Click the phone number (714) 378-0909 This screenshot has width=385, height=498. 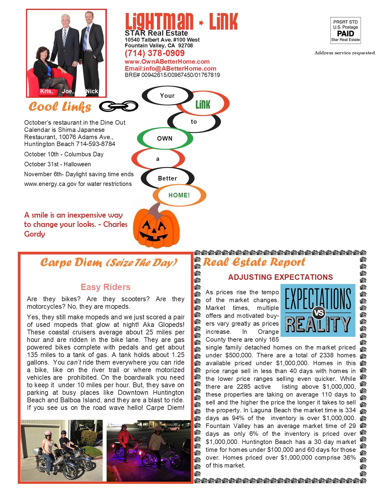pos(155,53)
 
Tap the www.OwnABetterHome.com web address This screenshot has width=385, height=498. pos(167,62)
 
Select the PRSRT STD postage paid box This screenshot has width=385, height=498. pos(345,30)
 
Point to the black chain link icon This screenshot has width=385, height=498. pos(119,106)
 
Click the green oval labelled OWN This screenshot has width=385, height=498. pos(165,139)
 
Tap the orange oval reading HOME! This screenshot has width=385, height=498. pos(179,195)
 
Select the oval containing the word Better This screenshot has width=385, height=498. pos(168,178)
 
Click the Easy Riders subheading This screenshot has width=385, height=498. pos(105,287)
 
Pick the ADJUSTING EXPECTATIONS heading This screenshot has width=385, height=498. pos(280,277)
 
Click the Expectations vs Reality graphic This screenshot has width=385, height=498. pos(318,310)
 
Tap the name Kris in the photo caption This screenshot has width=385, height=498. pos(47,91)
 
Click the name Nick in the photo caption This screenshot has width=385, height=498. pos(92,91)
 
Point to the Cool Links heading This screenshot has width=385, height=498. pos(60,107)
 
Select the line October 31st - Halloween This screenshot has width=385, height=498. pos(57,164)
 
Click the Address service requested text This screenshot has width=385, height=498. pos(345,53)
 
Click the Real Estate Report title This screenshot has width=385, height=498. pos(254,262)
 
